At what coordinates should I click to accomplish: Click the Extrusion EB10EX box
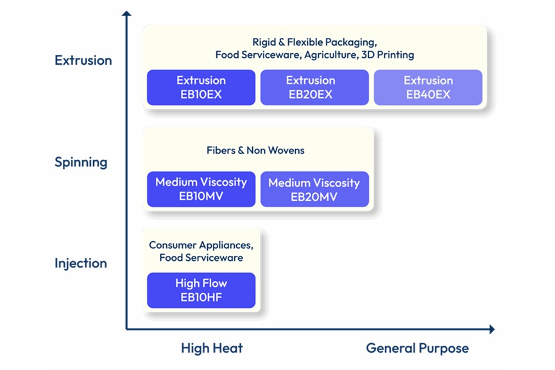201,87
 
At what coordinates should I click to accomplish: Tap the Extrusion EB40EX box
428,87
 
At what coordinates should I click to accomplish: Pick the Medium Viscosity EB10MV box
201,189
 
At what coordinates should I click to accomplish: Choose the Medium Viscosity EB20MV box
314,189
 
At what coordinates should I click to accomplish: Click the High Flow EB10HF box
201,290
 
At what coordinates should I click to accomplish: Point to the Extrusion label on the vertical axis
83,60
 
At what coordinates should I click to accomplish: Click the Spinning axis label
81,162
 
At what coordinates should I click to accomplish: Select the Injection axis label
81,264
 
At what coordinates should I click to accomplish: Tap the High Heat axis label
212,348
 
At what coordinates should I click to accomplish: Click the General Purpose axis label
417,348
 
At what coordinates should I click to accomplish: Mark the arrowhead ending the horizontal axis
491,329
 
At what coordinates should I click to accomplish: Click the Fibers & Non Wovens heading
255,151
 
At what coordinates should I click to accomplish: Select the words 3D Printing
388,55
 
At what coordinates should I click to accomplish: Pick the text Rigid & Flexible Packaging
314,42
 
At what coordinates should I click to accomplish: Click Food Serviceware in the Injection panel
201,258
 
